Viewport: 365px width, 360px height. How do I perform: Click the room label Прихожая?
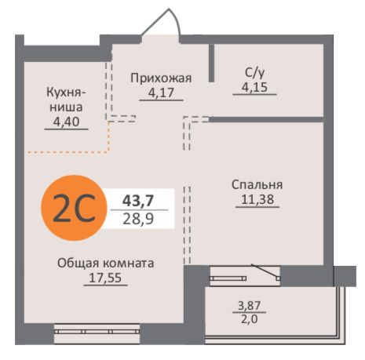pyautogui.click(x=160, y=78)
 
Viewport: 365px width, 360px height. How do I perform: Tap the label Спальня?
pyautogui.click(x=257, y=184)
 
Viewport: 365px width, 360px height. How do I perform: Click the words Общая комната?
pyautogui.click(x=105, y=263)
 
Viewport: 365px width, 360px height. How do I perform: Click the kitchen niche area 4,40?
pyautogui.click(x=64, y=122)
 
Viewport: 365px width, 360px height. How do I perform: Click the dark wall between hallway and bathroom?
pyautogui.click(x=211, y=63)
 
